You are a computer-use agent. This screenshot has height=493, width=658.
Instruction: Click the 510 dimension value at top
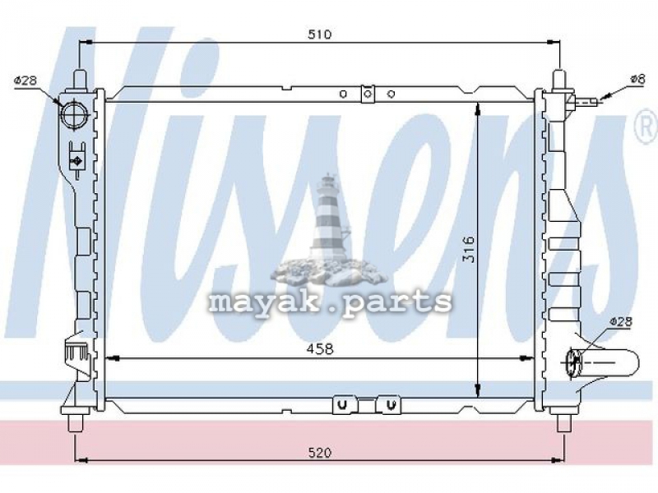point(320,34)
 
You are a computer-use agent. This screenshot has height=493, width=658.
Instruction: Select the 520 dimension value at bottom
point(320,453)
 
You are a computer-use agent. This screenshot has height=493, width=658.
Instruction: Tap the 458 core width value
point(320,348)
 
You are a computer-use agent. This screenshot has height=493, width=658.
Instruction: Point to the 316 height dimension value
point(468,250)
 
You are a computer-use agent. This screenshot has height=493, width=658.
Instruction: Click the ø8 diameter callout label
point(637,79)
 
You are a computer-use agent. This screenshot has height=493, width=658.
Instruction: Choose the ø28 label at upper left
point(25,81)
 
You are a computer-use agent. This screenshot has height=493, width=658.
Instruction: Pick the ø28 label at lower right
point(621,321)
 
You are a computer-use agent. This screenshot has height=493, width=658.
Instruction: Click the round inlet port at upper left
point(74,113)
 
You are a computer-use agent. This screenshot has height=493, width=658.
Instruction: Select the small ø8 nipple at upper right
point(586,100)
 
